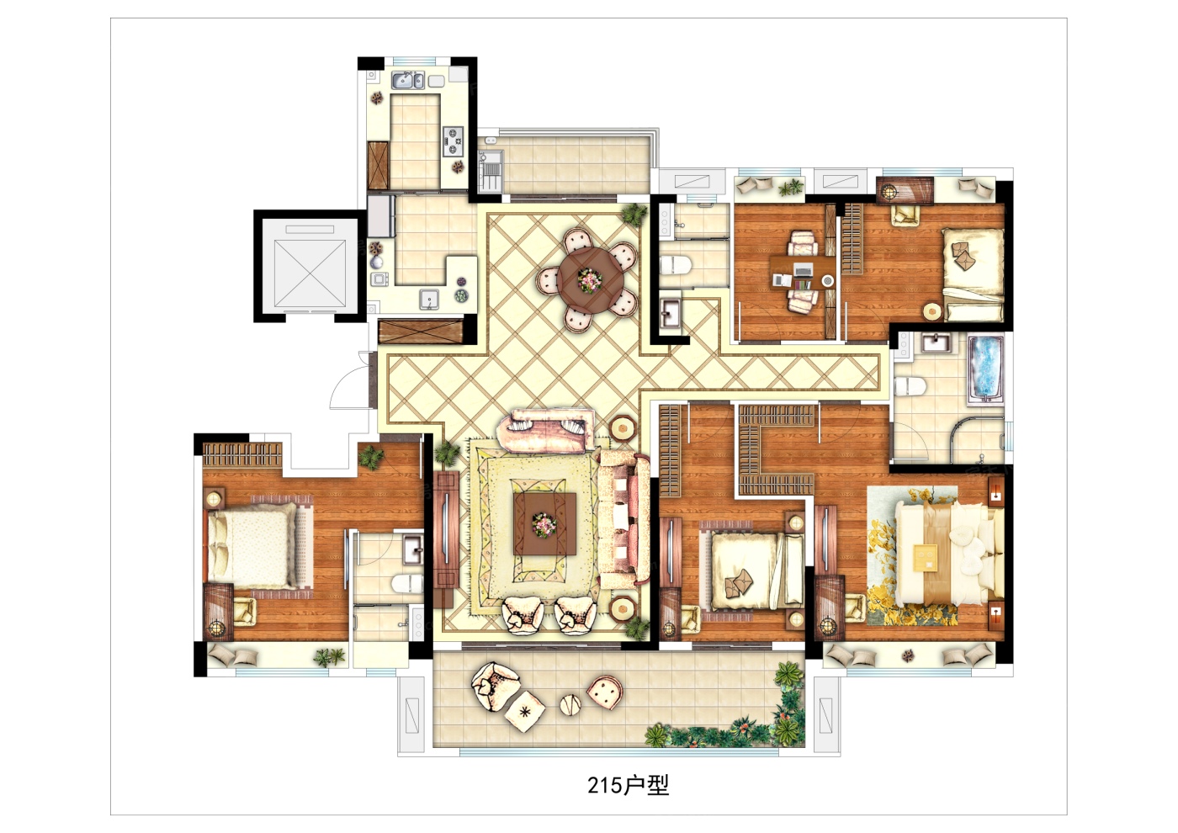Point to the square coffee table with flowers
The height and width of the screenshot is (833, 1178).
[545, 523]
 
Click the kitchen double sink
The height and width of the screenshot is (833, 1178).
[407, 81]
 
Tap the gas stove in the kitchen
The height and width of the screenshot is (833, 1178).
[454, 141]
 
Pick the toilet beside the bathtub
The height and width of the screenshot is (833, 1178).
[910, 386]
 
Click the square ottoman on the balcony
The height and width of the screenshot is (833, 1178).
[525, 712]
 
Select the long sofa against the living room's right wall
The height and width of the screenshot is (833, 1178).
[624, 519]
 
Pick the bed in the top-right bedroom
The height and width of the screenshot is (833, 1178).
[973, 273]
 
